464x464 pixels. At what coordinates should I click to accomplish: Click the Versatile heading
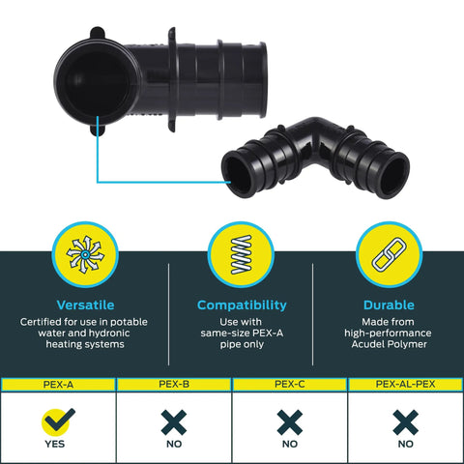[x=85, y=304]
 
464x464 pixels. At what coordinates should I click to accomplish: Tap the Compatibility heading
[x=242, y=305]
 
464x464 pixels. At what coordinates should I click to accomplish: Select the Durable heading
[x=389, y=304]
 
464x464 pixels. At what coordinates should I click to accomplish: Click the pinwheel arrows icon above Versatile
[x=85, y=254]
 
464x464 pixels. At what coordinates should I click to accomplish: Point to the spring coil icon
[x=242, y=254]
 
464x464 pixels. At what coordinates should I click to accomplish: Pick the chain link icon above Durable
[x=390, y=254]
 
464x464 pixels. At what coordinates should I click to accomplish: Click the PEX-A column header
[x=58, y=385]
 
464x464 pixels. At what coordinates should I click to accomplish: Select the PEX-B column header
[x=174, y=384]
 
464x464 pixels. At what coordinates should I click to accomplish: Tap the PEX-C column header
[x=290, y=384]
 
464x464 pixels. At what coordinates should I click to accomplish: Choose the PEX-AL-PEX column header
[x=405, y=384]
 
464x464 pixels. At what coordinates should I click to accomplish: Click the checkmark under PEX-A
[x=58, y=421]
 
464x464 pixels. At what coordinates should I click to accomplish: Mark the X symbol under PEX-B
[x=174, y=422]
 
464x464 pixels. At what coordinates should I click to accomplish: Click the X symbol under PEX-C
[x=290, y=422]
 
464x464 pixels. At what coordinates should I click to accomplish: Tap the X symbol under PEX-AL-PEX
[x=406, y=422]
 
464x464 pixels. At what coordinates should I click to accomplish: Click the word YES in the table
[x=55, y=444]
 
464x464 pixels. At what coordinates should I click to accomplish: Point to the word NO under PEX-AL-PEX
[x=406, y=444]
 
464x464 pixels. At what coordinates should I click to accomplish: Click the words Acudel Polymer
[x=390, y=344]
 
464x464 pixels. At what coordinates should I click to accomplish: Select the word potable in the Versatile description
[x=129, y=322]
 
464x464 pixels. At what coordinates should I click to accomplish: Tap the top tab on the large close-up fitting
[x=97, y=33]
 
